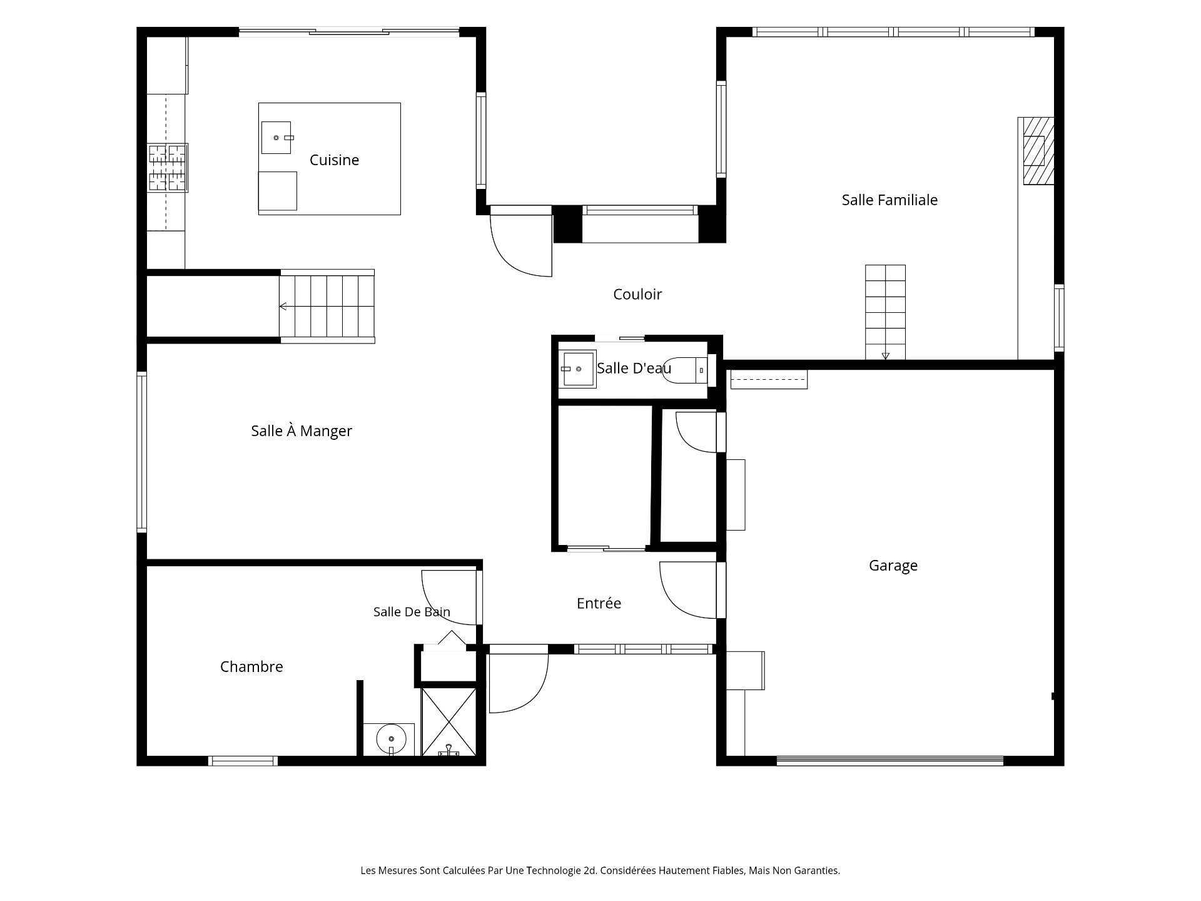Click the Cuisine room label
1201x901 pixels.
click(x=334, y=160)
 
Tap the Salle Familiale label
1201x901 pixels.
click(x=889, y=200)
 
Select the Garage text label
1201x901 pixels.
click(x=893, y=566)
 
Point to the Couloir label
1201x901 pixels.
click(x=637, y=294)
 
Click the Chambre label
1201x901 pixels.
click(x=251, y=667)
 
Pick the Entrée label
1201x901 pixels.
click(x=599, y=603)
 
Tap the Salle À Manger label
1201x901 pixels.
click(x=302, y=431)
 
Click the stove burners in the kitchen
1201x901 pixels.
click(x=168, y=168)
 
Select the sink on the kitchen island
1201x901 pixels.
click(x=276, y=138)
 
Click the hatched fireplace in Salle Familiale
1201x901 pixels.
click(x=1038, y=151)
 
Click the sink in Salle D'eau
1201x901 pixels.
click(x=578, y=369)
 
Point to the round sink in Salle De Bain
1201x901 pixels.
click(x=391, y=739)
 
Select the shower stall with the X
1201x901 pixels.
click(x=448, y=721)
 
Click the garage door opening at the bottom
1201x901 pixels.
click(x=890, y=761)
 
